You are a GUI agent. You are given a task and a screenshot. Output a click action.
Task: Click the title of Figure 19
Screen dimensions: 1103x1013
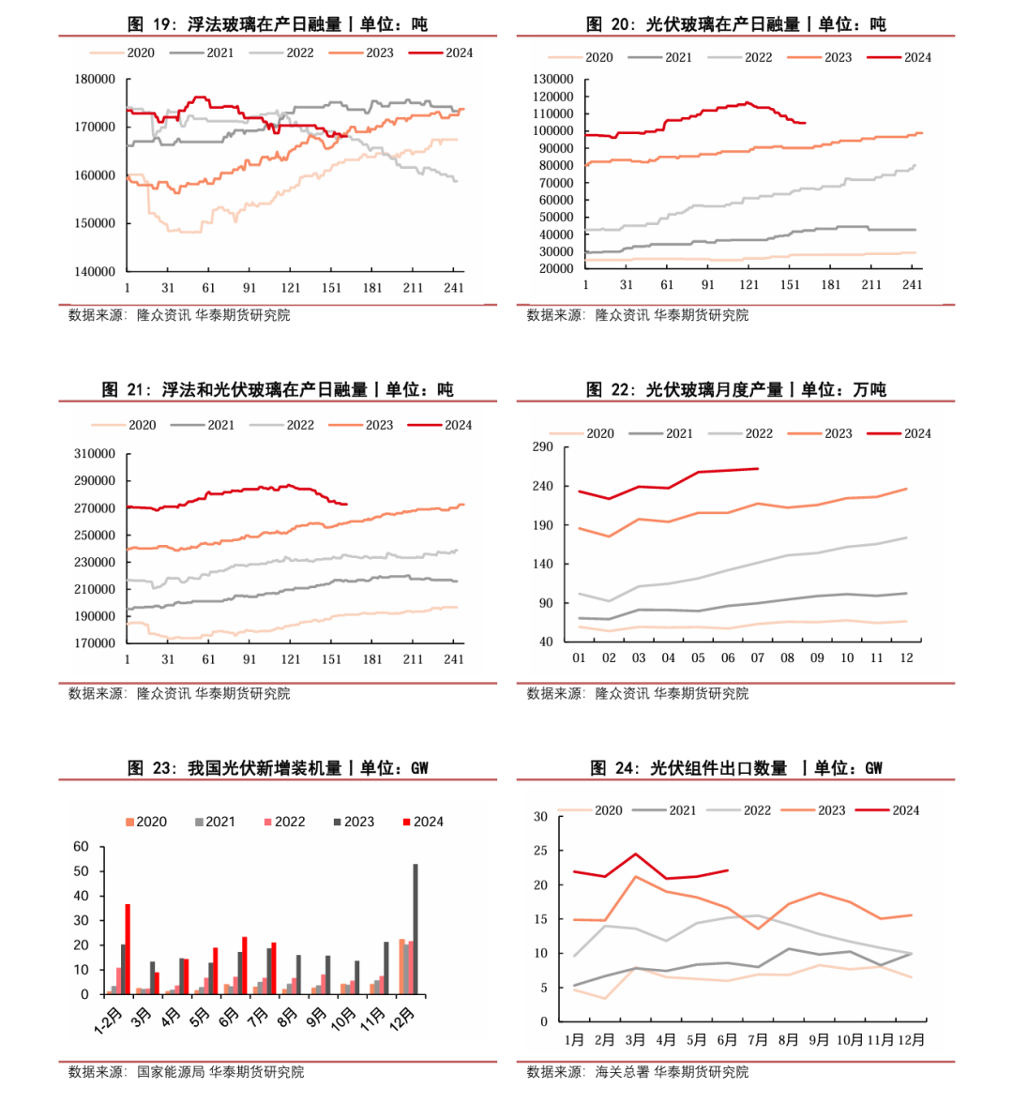pyautogui.click(x=277, y=24)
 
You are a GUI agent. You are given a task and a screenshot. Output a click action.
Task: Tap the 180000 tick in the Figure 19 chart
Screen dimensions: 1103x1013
pyautogui.click(x=95, y=80)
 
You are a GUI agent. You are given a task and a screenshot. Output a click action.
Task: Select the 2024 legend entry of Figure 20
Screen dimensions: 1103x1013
pyautogui.click(x=900, y=57)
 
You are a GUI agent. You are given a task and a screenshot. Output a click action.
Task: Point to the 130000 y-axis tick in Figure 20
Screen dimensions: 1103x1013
pyautogui.click(x=553, y=80)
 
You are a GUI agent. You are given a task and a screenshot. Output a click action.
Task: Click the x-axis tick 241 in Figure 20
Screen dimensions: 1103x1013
pyautogui.click(x=912, y=285)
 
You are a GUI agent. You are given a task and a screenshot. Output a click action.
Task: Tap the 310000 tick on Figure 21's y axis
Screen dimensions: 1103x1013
pyautogui.click(x=95, y=454)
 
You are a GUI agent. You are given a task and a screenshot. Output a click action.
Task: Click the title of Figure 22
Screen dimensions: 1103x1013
pyautogui.click(x=735, y=389)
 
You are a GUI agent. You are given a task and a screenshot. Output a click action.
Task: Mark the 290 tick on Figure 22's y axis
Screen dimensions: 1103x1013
pyautogui.click(x=543, y=447)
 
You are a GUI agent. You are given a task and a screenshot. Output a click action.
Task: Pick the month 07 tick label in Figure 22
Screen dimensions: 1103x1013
pyautogui.click(x=758, y=658)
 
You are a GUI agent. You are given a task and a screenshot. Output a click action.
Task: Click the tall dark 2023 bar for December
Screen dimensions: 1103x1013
pyautogui.click(x=416, y=929)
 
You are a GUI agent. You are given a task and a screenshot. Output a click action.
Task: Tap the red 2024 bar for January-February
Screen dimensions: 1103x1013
pyautogui.click(x=128, y=948)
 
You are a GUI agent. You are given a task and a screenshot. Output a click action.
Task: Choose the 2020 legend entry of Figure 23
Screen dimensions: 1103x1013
pyautogui.click(x=146, y=822)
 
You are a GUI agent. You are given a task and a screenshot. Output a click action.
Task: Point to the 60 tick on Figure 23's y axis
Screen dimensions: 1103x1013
pyautogui.click(x=82, y=847)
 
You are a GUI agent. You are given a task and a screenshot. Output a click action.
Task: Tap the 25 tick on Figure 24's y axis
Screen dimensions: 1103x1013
pyautogui.click(x=540, y=851)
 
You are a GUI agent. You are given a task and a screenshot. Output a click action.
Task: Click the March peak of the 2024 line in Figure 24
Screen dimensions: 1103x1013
pyautogui.click(x=635, y=854)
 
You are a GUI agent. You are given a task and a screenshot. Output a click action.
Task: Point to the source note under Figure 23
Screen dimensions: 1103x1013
pyautogui.click(x=186, y=1071)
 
